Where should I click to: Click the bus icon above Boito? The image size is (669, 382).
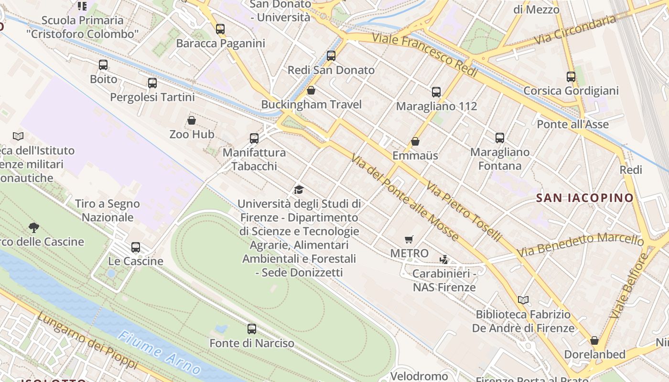(103, 65)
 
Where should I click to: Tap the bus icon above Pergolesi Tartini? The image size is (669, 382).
(152, 83)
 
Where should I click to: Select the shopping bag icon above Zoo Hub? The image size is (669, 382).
(192, 120)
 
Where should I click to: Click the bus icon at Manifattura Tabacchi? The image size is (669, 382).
(254, 138)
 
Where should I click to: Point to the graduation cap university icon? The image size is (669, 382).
(299, 190)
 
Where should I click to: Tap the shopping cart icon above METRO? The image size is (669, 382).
(409, 239)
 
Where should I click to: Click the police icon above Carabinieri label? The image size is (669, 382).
(444, 260)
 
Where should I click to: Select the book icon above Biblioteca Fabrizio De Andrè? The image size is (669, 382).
(523, 300)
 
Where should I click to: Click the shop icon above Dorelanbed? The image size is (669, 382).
(594, 340)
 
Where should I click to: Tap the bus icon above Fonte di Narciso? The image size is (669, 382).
(252, 329)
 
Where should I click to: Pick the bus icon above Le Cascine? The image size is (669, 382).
(136, 247)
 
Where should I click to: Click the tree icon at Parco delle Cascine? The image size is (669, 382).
(34, 227)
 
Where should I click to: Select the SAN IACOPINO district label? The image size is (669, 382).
(584, 198)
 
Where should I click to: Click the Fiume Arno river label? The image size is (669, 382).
(159, 353)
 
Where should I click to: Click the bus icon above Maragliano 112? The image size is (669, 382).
(436, 92)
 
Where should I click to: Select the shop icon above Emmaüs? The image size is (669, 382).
(415, 141)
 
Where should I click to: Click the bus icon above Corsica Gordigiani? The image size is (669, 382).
(571, 76)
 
